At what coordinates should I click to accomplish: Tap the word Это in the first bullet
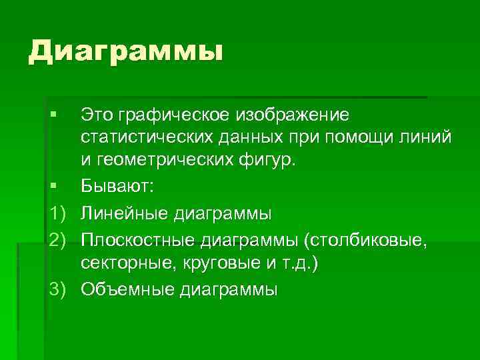pyautogui.click(x=97, y=115)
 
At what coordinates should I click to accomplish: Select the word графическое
pyautogui.click(x=174, y=115)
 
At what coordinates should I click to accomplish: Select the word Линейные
pyautogui.click(x=124, y=214)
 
